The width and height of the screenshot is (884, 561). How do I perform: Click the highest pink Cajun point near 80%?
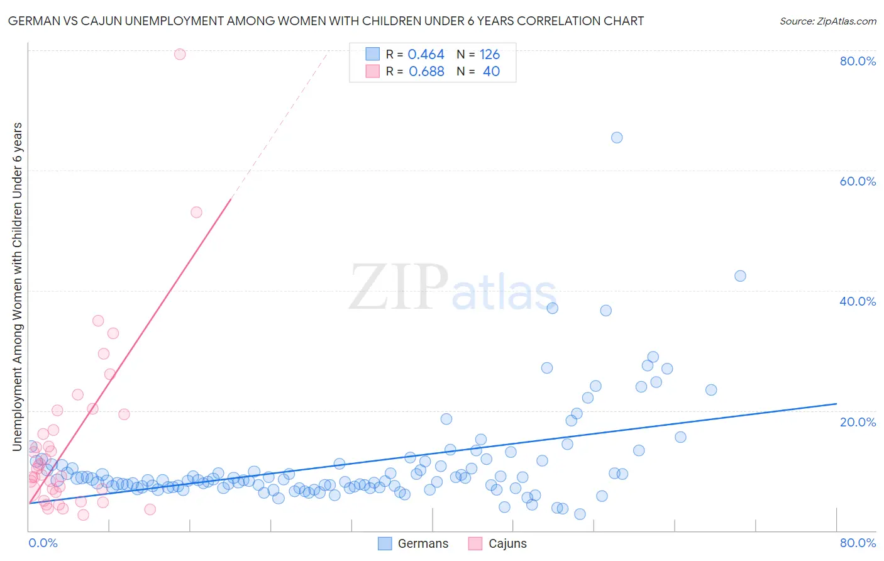click(x=180, y=54)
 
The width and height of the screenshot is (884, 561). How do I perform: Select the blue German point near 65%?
click(x=617, y=138)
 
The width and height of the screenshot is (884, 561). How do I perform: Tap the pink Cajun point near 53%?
click(x=196, y=213)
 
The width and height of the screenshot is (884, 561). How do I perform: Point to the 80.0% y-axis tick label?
click(x=858, y=61)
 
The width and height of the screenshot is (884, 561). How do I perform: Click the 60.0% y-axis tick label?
click(x=858, y=181)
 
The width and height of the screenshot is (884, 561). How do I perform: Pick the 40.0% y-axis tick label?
click(x=858, y=301)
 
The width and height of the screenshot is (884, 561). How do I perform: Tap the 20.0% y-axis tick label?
click(x=858, y=422)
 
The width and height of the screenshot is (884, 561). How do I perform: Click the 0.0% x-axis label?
click(x=43, y=543)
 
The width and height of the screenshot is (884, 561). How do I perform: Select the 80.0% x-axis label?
click(x=858, y=543)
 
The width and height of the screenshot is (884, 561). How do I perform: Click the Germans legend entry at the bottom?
click(x=414, y=543)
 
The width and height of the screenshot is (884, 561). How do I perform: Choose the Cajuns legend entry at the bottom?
click(x=498, y=543)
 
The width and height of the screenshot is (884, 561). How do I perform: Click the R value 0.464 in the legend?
click(x=426, y=55)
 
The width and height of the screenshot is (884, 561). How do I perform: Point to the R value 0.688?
click(x=426, y=72)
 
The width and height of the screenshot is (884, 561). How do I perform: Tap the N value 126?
click(x=490, y=55)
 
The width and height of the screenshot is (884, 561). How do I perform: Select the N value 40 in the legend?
click(x=491, y=72)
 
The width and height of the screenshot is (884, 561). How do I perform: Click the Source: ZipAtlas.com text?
click(x=827, y=21)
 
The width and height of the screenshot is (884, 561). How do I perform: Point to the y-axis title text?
click(x=18, y=287)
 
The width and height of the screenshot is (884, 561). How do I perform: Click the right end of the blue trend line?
click(x=836, y=404)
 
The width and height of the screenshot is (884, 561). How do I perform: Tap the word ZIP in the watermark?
click(x=398, y=288)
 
